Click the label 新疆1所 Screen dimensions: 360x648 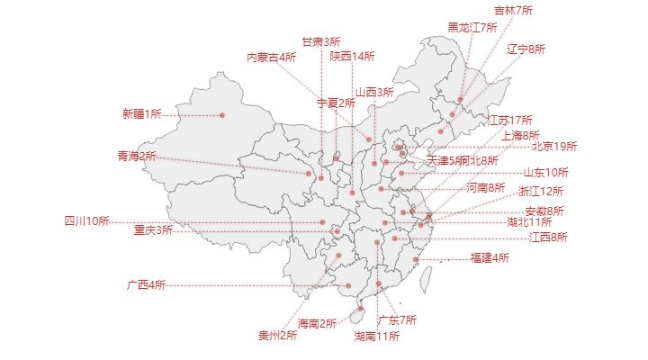click(141, 114)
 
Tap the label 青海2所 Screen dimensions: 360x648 click(136, 156)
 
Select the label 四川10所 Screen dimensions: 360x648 click(86, 221)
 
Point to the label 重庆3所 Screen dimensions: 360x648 click(153, 230)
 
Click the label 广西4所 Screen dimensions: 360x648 click(146, 285)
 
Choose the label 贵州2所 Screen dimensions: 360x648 click(277, 336)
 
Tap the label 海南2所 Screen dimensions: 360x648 click(317, 323)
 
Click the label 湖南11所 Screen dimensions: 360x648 click(376, 337)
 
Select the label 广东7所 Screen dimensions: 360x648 click(397, 320)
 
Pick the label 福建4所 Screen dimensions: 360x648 click(490, 258)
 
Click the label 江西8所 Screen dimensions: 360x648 click(548, 238)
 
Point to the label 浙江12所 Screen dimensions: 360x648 click(540, 191)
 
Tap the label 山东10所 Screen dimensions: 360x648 click(546, 172)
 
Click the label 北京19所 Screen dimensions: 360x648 click(554, 146)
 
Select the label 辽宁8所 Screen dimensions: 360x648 click(526, 49)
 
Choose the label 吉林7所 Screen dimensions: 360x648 click(513, 11)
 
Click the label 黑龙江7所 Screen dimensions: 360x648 click(472, 27)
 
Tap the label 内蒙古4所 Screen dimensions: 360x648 click(272, 57)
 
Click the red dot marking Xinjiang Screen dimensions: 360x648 click(221, 115)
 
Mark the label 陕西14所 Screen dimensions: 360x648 click(352, 56)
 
